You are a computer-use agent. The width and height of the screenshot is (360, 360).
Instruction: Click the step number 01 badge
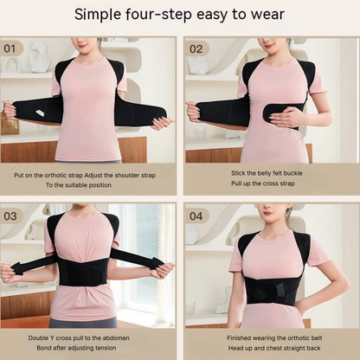[x=13, y=49]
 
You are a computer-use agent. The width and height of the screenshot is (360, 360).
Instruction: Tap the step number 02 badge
[x=196, y=49]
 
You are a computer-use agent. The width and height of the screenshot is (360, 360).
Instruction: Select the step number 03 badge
[x=13, y=215]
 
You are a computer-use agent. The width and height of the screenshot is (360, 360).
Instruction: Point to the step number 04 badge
[x=196, y=215]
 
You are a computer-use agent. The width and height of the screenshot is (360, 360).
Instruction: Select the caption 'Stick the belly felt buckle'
[x=268, y=173]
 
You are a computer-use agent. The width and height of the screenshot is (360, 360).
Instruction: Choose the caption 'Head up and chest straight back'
[x=268, y=350]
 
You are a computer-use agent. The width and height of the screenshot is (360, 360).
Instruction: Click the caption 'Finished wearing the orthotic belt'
[x=268, y=338]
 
